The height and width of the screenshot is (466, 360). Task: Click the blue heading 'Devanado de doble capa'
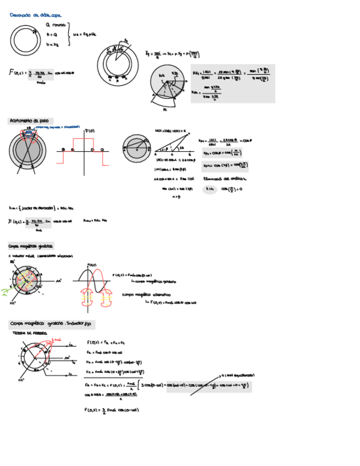point(36,15)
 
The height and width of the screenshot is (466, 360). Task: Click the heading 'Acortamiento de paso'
point(29,120)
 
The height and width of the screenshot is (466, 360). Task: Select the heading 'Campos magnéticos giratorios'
point(31,246)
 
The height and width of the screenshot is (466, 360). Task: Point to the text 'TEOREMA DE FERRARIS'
point(29,334)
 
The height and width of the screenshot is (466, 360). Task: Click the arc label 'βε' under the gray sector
point(165,109)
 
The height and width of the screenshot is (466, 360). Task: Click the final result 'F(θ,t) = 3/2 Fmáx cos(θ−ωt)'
point(110,410)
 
